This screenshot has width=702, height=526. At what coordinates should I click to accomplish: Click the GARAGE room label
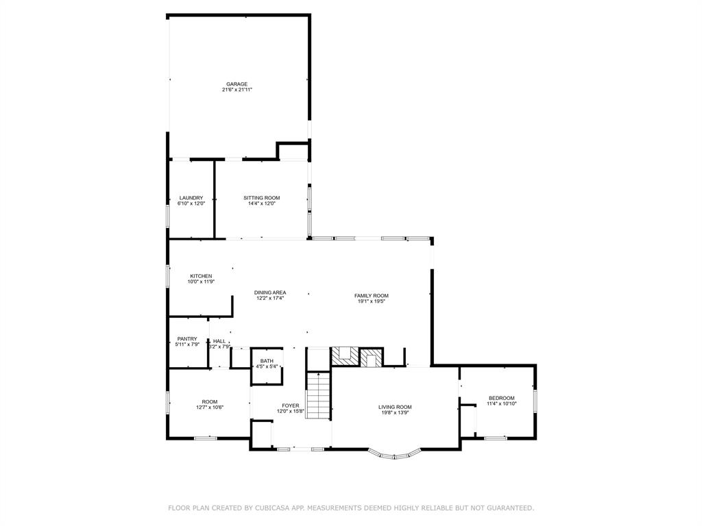237,84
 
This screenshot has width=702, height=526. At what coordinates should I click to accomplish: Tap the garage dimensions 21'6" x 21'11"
237,90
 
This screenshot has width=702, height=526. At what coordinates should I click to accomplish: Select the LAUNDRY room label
191,198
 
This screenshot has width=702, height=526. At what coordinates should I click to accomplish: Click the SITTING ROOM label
261,198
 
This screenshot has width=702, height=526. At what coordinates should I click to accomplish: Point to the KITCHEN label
201,276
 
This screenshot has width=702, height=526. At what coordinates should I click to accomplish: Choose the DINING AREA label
270,292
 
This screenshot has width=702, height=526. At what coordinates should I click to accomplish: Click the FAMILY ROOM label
372,296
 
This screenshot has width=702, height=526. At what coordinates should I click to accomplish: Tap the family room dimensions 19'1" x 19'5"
372,301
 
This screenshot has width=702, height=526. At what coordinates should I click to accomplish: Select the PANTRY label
187,338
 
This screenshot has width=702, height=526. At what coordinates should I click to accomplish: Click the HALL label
219,341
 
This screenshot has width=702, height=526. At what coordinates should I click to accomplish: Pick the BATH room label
267,361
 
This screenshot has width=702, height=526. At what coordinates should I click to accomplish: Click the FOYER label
290,405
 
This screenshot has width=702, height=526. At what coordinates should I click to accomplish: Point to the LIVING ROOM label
395,407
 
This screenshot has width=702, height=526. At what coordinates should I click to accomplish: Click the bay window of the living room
394,454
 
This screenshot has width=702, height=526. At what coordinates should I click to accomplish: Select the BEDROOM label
501,398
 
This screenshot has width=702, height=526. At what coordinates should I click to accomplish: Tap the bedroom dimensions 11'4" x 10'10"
501,404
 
